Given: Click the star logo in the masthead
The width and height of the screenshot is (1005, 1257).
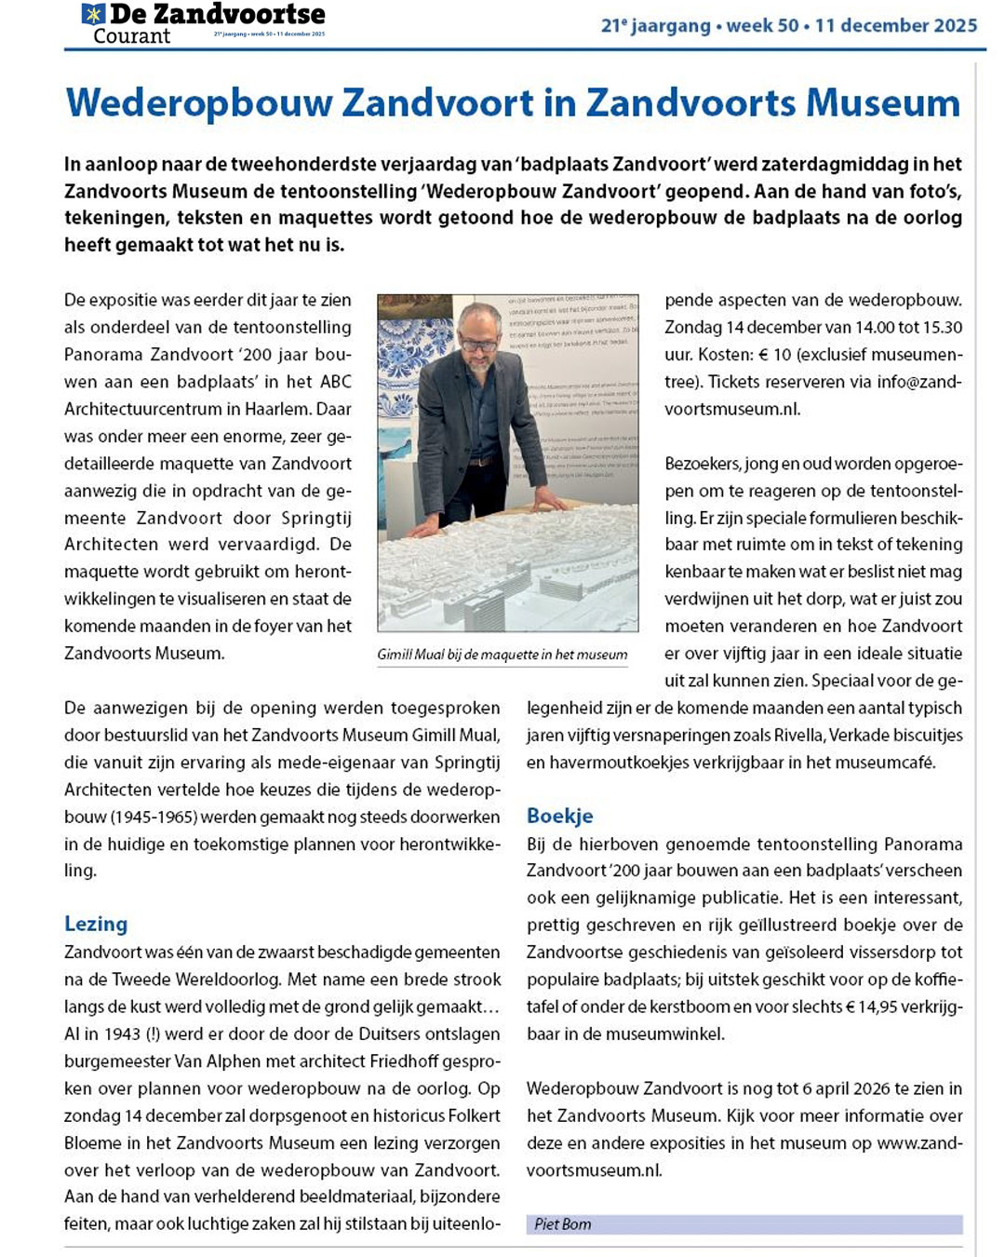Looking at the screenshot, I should click(93, 14).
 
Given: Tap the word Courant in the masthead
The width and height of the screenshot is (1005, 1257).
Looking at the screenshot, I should click(132, 36).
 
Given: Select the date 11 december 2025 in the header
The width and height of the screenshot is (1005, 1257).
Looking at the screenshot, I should click(896, 25).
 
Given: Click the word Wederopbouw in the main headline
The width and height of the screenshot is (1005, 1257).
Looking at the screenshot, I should click(199, 102).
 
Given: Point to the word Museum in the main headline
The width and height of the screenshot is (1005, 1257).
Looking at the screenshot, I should click(882, 102).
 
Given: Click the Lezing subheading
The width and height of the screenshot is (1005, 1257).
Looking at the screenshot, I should click(96, 924).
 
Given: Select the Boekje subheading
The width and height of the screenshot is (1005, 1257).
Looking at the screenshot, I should click(559, 816).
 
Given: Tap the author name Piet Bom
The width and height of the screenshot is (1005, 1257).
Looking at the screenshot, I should click(562, 1224).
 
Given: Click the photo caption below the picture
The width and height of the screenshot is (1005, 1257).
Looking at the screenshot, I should click(502, 655).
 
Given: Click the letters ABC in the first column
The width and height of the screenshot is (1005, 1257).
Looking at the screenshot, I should click(335, 382).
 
